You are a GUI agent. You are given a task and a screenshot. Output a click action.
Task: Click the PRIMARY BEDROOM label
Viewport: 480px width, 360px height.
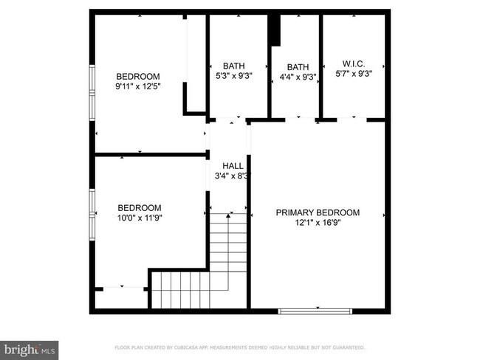point(318,212)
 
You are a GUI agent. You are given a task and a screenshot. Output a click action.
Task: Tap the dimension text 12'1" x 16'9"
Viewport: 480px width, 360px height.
point(318,222)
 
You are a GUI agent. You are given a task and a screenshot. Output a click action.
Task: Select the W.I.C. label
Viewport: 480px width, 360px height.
point(354,63)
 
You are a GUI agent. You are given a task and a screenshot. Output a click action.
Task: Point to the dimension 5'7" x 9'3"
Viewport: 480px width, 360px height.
point(354,74)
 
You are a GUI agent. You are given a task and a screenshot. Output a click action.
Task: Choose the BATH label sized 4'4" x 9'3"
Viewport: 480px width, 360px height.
point(298,66)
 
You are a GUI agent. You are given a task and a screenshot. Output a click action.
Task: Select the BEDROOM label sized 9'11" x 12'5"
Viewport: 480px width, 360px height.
point(138,76)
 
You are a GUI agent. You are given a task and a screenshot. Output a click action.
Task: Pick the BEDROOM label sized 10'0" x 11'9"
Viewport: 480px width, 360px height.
point(140,208)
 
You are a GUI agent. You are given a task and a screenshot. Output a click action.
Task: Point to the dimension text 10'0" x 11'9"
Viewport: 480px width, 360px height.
point(140,218)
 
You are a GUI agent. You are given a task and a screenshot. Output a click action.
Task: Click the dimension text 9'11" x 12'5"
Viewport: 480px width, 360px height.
point(138,86)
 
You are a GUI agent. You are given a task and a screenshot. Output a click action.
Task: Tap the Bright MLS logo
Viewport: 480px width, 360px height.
point(30,347)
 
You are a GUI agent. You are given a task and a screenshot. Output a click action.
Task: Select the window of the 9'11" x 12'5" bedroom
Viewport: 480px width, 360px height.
point(92,91)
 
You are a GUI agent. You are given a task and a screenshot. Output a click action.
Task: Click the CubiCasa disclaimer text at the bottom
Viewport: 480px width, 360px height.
point(239,347)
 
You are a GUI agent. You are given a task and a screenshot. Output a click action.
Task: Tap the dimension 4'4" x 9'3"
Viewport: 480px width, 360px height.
point(298,77)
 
